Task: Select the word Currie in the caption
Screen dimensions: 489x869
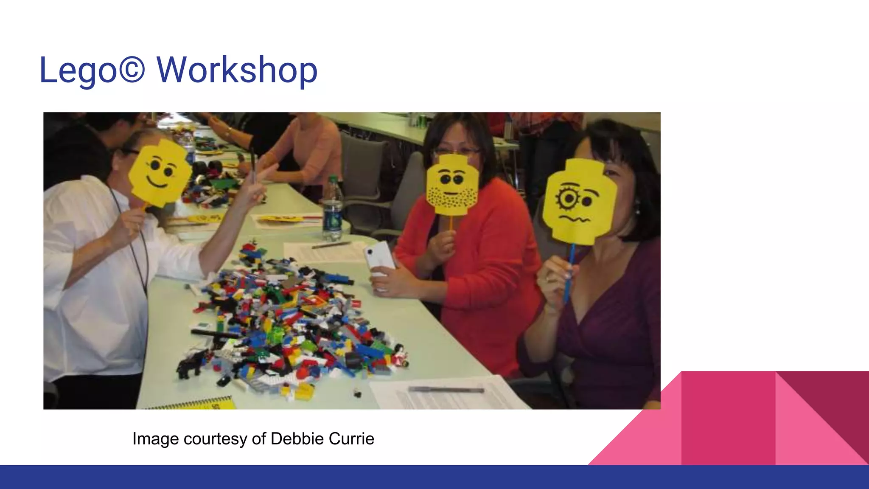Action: (351, 438)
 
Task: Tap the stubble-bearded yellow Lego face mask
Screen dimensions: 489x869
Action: (452, 185)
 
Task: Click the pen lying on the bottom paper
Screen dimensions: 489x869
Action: (446, 389)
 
